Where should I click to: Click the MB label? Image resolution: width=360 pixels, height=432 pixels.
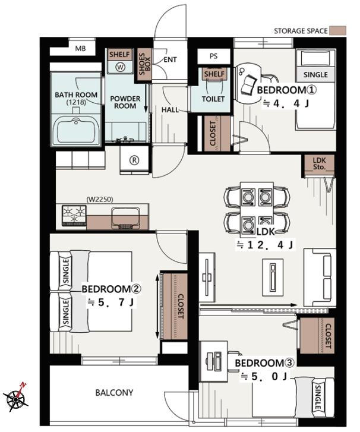click(80, 49)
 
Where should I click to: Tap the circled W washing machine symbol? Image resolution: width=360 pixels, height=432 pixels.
click(121, 67)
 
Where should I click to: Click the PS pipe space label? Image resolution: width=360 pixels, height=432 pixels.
click(213, 56)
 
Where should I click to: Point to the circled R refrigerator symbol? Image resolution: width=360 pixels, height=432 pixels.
click(134, 160)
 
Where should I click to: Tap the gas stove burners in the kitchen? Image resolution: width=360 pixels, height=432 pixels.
click(74, 215)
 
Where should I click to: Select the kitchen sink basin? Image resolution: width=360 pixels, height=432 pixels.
click(125, 216)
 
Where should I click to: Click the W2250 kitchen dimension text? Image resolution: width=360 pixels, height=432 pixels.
click(100, 199)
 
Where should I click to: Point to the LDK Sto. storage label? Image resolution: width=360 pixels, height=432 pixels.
click(319, 163)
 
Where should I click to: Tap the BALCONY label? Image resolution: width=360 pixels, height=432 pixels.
click(114, 392)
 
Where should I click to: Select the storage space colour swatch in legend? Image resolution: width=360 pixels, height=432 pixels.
click(338, 30)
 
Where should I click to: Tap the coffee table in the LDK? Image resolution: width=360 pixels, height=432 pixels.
click(273, 277)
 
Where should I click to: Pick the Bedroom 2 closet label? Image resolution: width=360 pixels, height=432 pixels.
click(181, 307)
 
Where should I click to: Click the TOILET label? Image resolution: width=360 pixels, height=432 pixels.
click(213, 99)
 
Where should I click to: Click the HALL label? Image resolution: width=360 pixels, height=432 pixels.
click(170, 110)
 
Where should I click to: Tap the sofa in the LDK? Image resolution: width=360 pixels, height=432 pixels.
click(320, 278)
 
